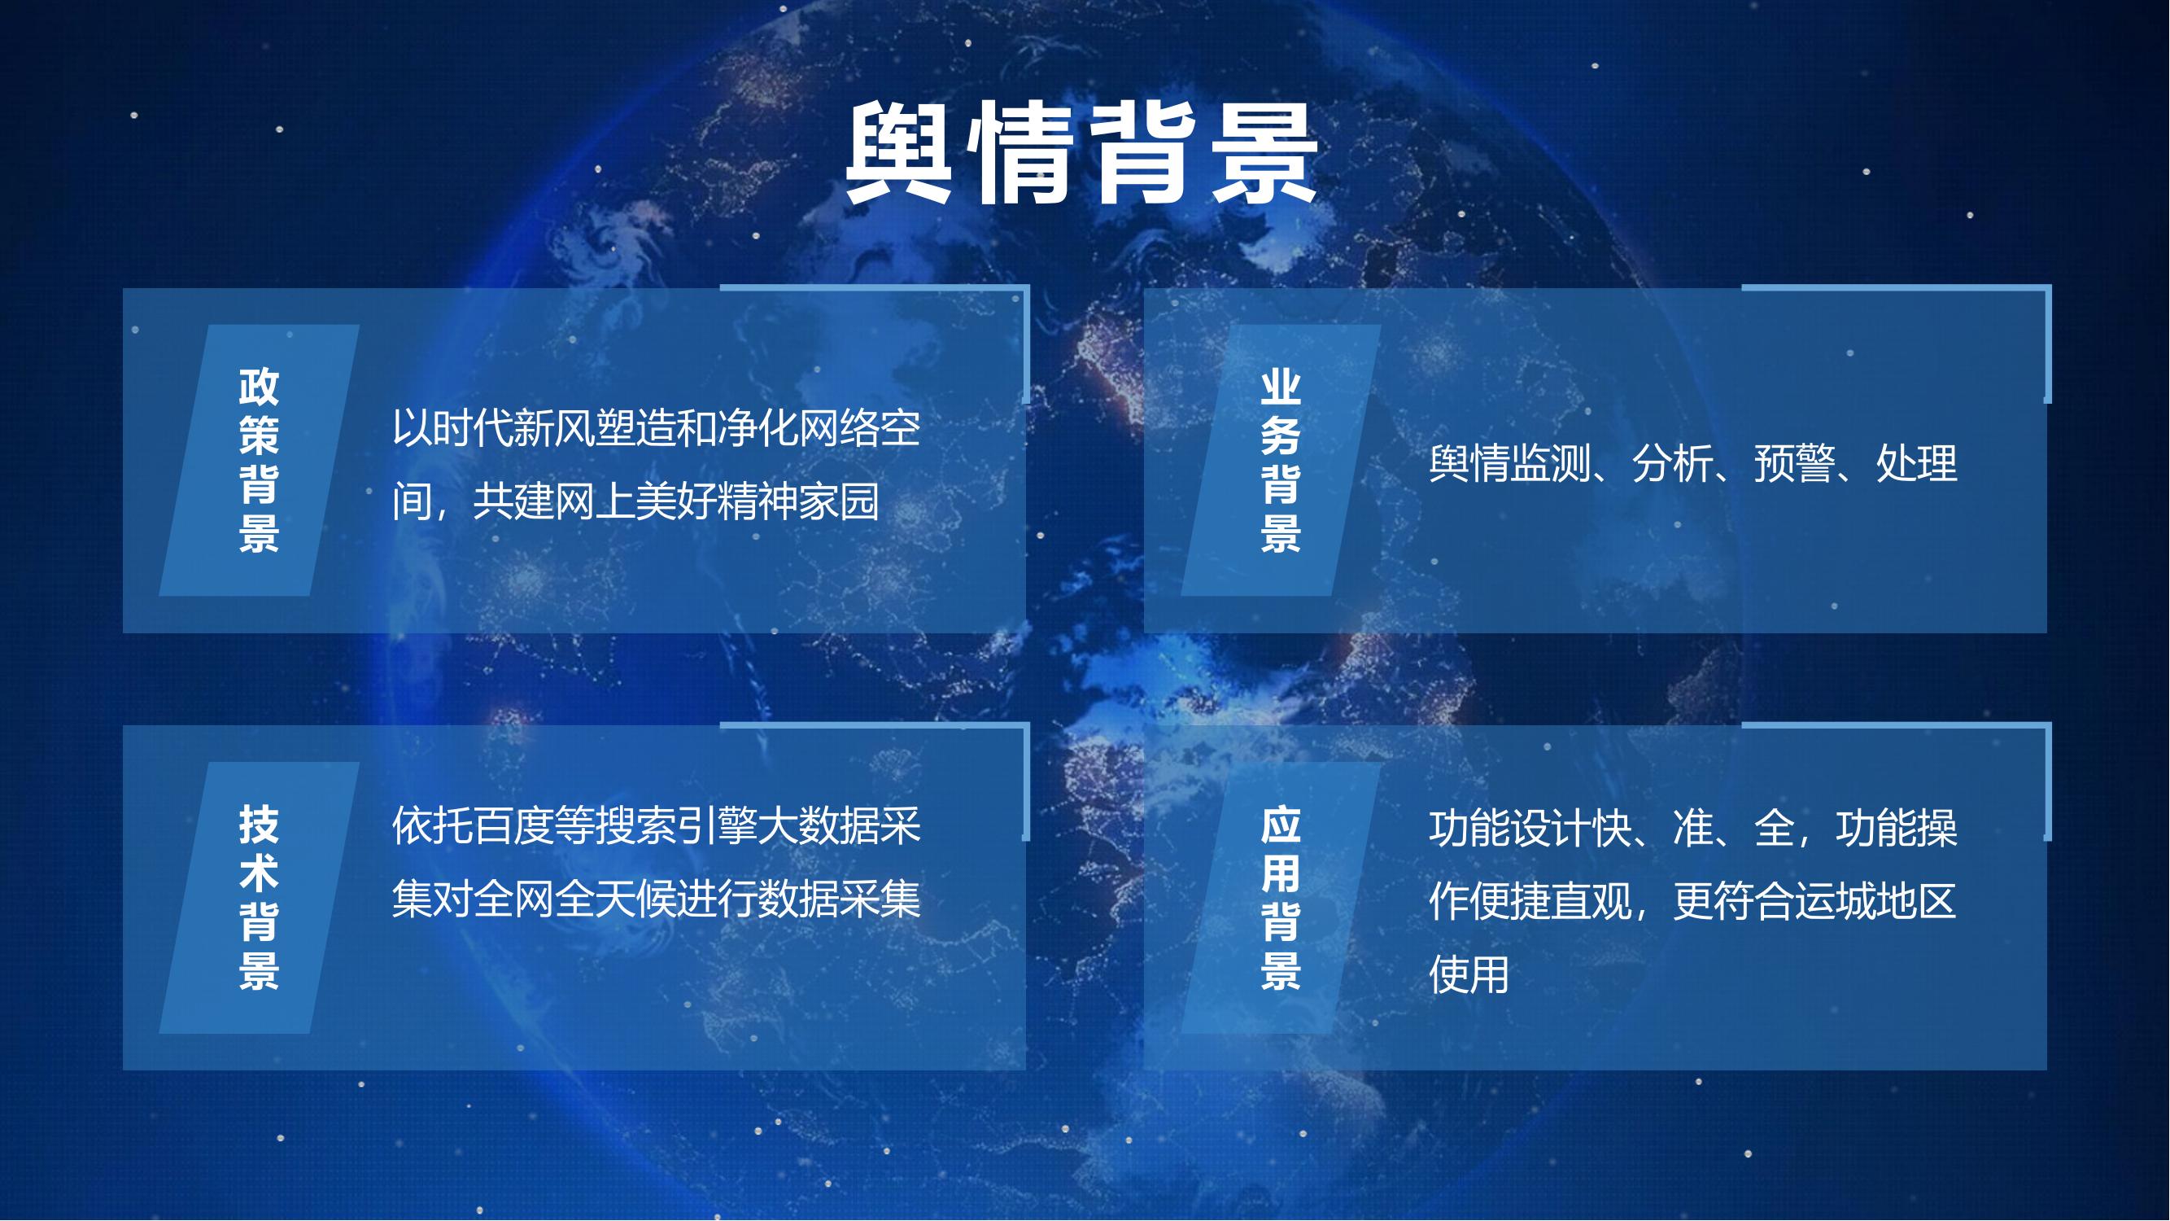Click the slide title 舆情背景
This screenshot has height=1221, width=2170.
click(1081, 153)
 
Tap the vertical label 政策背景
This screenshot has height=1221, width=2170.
click(259, 460)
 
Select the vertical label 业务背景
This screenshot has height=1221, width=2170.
click(1281, 460)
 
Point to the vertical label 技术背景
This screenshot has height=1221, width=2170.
click(259, 897)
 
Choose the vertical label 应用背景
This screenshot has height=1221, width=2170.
click(1281, 897)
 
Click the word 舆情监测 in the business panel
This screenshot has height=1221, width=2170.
click(1509, 463)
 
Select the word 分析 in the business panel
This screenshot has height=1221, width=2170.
click(1672, 463)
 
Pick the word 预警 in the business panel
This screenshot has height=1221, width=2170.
click(1794, 463)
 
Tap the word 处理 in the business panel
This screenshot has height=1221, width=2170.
click(1916, 463)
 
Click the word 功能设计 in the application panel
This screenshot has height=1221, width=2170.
click(1509, 829)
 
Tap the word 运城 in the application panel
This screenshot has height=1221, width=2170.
click(1835, 902)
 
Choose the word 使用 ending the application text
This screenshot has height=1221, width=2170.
click(1469, 975)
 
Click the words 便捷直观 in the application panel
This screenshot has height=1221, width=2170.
click(1550, 902)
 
